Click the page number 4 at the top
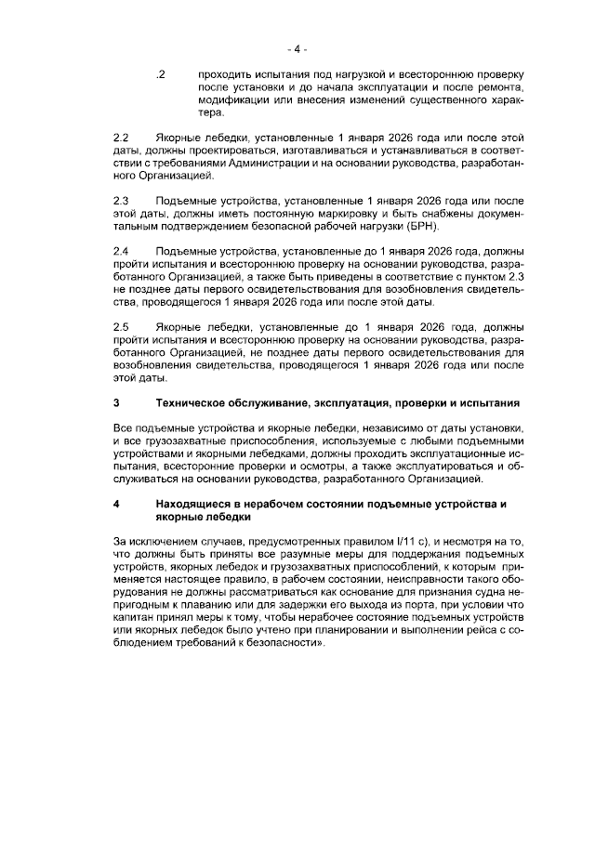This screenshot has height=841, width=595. [297, 48]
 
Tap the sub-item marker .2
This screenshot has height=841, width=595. [161, 73]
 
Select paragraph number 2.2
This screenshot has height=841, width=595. [119, 137]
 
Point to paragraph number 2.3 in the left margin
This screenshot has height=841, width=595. [119, 201]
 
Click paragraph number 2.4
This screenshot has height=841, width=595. [119, 251]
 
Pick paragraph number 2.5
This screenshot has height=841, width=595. [119, 327]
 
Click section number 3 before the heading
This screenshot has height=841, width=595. [115, 404]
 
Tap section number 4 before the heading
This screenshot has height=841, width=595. [115, 505]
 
